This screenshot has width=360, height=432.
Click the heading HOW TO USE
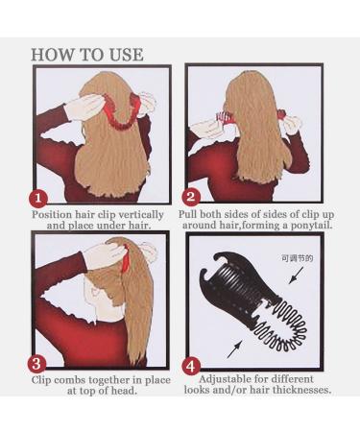pos(87,55)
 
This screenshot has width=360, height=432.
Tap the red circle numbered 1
pos(38,199)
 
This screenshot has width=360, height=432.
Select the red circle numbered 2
pos(191,197)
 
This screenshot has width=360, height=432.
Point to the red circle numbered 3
pos(36,364)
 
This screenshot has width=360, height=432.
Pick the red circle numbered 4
pos(191,366)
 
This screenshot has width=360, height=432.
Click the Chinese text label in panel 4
pos(297,258)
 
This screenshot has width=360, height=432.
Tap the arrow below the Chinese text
pos(296,276)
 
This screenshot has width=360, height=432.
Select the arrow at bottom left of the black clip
pos(234,349)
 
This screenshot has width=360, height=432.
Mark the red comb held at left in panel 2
pos(225,117)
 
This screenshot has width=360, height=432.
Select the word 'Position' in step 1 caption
pos(52,214)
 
